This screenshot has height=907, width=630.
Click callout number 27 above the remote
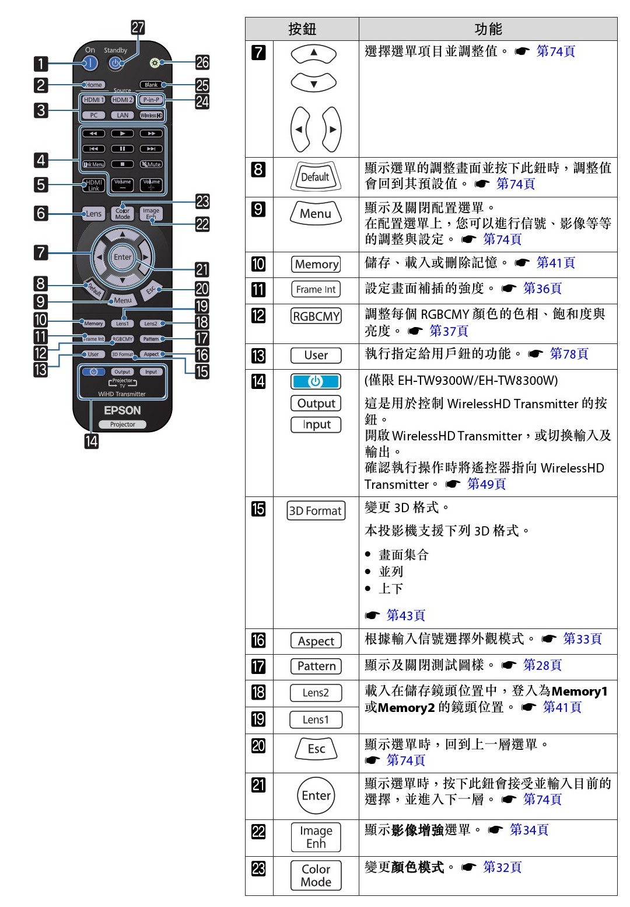point(138,27)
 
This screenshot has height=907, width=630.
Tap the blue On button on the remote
point(90,63)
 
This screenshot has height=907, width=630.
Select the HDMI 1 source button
point(93,100)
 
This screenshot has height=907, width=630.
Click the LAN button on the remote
point(123,116)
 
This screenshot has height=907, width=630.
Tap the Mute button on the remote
point(152,164)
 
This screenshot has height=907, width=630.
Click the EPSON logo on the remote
point(123,411)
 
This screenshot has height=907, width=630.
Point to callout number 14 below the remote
point(92,441)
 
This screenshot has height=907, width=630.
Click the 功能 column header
point(488,29)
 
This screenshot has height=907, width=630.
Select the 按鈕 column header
point(302,29)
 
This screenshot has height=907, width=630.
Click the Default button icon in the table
point(315,176)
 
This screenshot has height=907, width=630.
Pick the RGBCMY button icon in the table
point(316,317)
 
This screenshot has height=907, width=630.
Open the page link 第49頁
point(486,484)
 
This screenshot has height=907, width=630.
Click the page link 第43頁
point(405,615)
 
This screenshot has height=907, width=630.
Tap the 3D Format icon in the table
point(316,510)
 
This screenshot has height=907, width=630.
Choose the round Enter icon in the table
point(316,795)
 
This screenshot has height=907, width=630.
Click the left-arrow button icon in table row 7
point(300,129)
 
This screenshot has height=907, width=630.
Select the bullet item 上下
point(391,588)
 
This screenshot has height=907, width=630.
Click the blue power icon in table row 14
point(316,381)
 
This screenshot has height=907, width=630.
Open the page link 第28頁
point(542,665)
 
